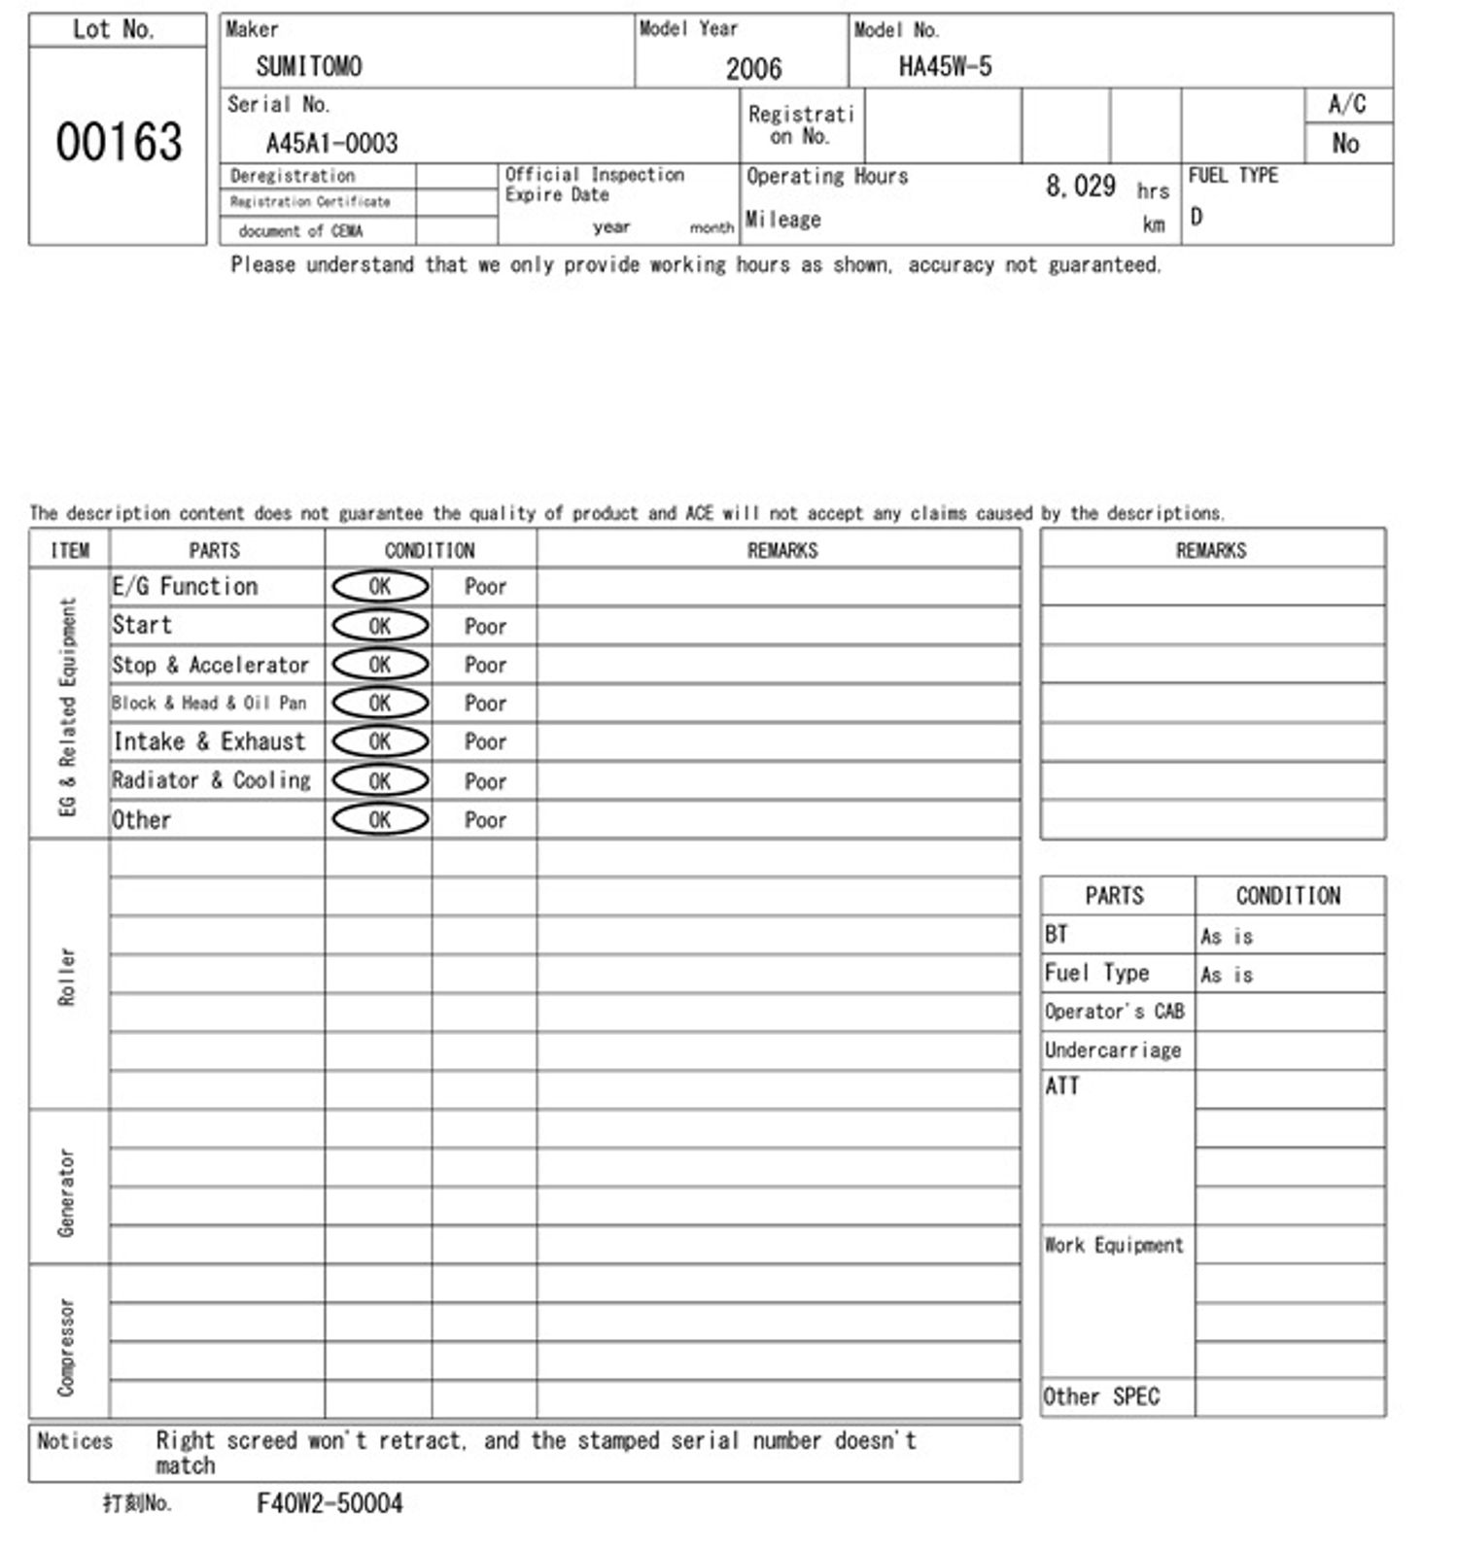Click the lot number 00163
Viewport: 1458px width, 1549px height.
point(119,142)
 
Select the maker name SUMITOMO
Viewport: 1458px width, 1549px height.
point(309,67)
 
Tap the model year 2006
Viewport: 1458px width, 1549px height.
point(753,69)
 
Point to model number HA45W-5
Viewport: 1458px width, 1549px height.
point(945,67)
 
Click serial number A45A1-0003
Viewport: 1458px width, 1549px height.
point(331,144)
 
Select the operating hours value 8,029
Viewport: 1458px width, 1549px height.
point(1080,186)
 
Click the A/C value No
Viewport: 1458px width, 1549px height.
point(1345,144)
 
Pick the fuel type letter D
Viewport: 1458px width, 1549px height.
point(1197,217)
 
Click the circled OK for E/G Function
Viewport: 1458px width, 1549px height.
point(380,586)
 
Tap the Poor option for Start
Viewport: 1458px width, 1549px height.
point(485,627)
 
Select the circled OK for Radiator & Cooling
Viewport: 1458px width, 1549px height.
point(380,781)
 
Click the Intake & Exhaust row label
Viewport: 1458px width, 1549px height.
point(209,742)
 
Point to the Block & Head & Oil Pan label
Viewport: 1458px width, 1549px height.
point(209,704)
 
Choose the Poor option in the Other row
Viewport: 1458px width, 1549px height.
point(485,820)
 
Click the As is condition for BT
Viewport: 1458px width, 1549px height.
point(1227,937)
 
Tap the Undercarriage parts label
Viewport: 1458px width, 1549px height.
point(1113,1050)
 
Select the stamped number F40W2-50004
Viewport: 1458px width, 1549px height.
point(330,1503)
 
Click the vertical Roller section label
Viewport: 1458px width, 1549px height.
point(67,976)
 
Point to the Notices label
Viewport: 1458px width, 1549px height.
point(75,1441)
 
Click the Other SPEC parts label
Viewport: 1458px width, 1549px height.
point(1101,1396)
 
